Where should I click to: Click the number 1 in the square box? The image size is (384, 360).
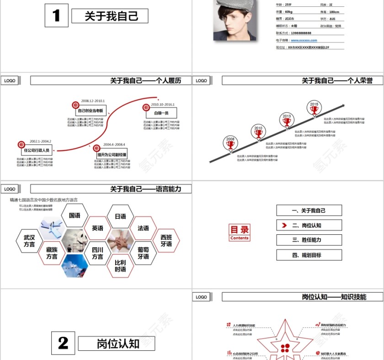pos(56,16)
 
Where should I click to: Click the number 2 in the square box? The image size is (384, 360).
pos(63,343)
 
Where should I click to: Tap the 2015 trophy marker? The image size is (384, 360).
pos(314,108)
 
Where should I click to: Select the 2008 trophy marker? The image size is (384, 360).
pos(230,143)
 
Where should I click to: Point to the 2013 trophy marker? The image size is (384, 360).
pos(286,120)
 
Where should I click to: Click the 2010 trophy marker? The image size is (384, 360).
pos(258,132)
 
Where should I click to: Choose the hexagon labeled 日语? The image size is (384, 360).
pos(120,216)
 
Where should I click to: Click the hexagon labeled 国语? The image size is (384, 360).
pos(75,216)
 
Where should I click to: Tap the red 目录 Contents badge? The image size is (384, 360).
pos(240,233)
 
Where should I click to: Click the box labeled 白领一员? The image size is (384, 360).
pos(161,113)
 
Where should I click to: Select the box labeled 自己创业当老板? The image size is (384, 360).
pos(91,111)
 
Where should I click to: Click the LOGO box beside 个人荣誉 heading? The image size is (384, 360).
pos(202,80)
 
